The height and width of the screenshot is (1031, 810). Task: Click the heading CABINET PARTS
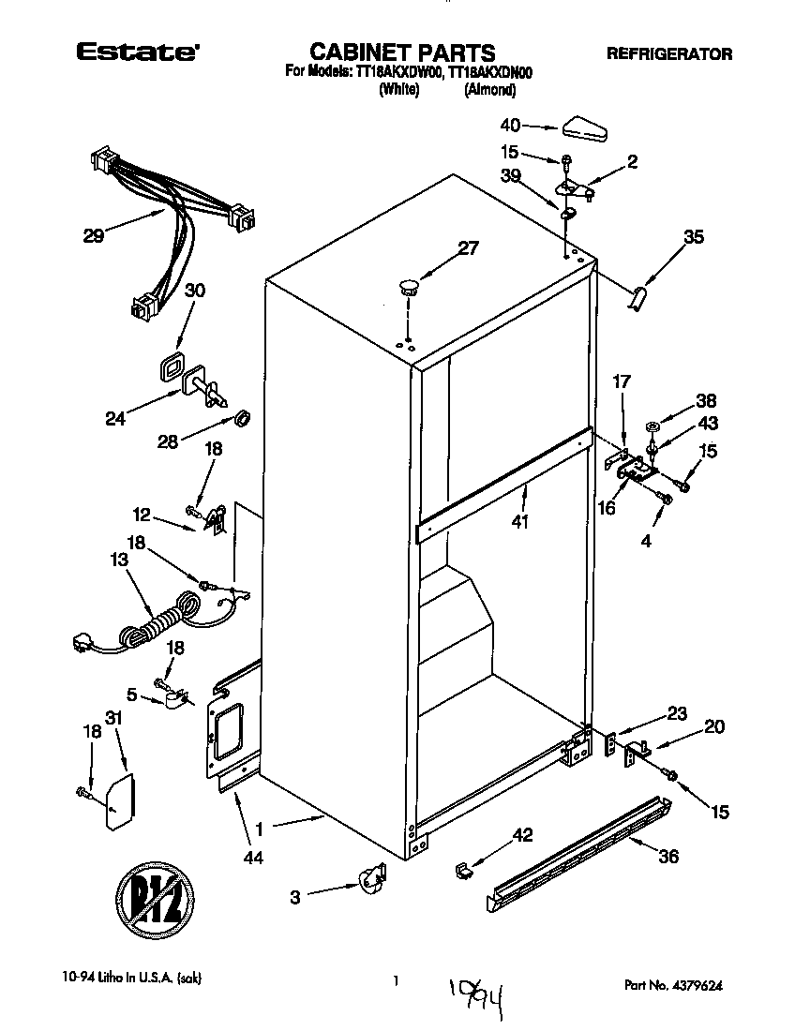click(402, 52)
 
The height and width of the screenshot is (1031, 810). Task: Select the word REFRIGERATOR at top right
click(669, 54)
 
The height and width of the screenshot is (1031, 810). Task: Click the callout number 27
click(468, 248)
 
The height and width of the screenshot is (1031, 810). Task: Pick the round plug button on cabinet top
click(407, 285)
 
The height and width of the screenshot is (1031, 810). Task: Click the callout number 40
click(510, 125)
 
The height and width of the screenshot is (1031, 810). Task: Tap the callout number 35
click(693, 238)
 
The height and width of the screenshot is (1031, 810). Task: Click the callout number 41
click(520, 521)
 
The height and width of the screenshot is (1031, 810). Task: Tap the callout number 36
click(669, 856)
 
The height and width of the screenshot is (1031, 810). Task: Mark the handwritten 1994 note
click(479, 994)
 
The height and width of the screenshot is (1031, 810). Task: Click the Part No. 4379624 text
click(673, 985)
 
